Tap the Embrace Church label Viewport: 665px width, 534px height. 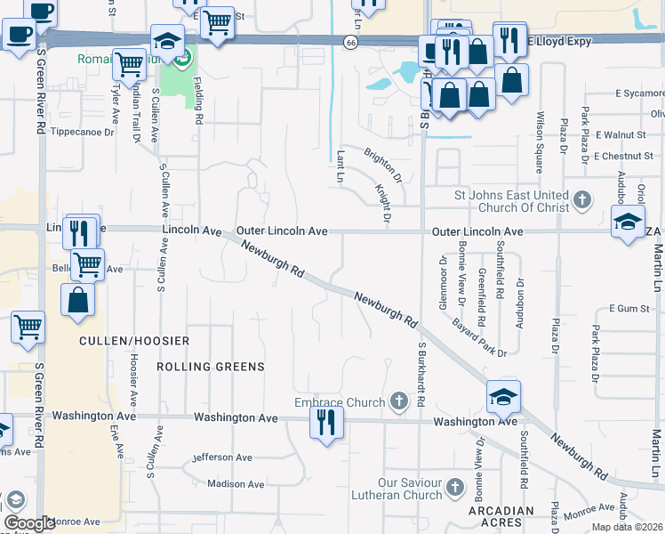(341, 402)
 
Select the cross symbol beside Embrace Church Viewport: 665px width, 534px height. (398, 402)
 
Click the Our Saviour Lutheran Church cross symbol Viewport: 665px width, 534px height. (455, 487)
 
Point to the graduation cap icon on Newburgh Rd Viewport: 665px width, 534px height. (503, 397)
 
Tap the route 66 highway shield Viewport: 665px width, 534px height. (352, 43)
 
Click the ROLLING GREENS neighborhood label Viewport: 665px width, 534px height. (210, 367)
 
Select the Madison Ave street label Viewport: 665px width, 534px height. (236, 484)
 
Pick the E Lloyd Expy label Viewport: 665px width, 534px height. (559, 41)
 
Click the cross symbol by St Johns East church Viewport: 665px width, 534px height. (582, 199)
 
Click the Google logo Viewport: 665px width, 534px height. (29, 523)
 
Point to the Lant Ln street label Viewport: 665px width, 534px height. (341, 166)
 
